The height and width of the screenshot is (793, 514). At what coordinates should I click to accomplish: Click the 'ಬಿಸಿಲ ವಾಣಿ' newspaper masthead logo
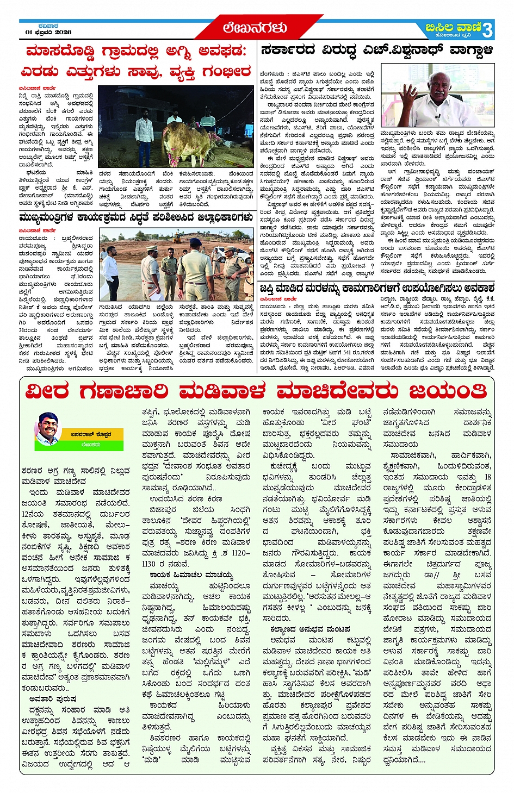point(454,28)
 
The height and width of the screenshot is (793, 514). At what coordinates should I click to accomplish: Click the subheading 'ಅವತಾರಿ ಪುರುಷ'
point(53,698)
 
